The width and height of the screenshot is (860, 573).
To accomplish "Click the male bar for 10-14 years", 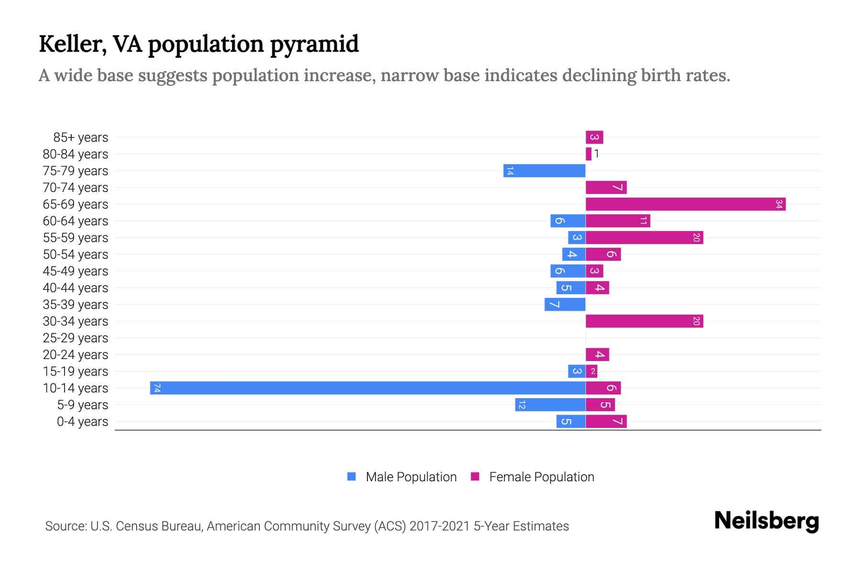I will tap(368, 388).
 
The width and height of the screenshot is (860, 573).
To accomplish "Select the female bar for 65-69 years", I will tap(686, 204).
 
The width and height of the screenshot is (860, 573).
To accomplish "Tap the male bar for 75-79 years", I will tap(544, 171).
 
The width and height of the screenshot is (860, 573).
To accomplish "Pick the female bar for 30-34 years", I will tap(644, 321).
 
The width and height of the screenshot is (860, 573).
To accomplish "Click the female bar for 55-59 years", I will tap(644, 238).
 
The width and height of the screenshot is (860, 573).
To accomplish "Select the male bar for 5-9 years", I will tap(550, 405).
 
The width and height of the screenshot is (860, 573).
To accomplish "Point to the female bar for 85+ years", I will tap(594, 138).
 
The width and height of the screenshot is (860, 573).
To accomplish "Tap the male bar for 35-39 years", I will tap(565, 305).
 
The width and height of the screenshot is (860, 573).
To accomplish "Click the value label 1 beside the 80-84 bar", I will tap(597, 154).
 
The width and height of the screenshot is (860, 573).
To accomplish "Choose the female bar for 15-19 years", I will tap(591, 371).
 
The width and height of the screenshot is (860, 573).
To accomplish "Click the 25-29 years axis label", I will tap(75, 338).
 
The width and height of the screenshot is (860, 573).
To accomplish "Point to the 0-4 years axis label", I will tap(82, 422).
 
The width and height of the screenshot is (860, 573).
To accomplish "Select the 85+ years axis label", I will tap(81, 138).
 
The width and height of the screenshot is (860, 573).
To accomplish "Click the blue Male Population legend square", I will tap(352, 477).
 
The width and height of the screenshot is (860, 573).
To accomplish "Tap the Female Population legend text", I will tap(541, 477).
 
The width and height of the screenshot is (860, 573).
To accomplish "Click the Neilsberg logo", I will tap(766, 521).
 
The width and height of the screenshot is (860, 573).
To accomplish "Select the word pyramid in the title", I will tap(314, 44).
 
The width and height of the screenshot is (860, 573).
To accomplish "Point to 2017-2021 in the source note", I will tap(440, 526).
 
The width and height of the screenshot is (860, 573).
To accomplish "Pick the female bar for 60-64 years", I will tap(618, 221).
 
